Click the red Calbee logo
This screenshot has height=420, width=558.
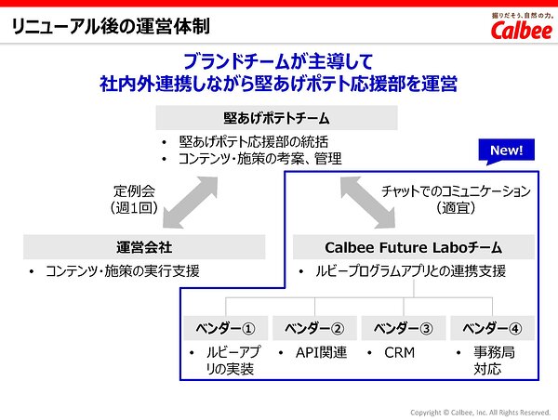click(x=522, y=30)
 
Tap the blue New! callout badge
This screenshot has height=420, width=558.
click(x=507, y=151)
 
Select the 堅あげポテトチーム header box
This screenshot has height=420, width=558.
click(x=276, y=118)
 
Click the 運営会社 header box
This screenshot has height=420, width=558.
click(x=144, y=247)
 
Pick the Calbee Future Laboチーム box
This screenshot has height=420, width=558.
click(x=414, y=247)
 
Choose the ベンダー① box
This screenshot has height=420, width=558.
click(x=226, y=328)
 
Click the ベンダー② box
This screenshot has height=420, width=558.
click(x=314, y=328)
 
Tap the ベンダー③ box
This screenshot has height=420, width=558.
click(x=404, y=328)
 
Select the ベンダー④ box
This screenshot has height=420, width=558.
click(x=493, y=328)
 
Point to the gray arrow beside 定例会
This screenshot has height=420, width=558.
click(x=190, y=203)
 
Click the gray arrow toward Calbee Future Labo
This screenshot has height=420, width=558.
click(x=367, y=203)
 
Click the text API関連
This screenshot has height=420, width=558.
click(x=321, y=352)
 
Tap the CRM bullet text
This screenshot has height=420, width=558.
click(x=399, y=352)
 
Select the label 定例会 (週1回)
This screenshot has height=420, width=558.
click(x=134, y=200)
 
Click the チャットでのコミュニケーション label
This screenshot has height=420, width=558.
click(x=456, y=191)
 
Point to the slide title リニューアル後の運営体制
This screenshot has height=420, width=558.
click(x=111, y=27)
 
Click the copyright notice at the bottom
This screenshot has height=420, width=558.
click(x=481, y=413)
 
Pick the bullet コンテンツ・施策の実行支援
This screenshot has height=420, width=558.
click(x=123, y=271)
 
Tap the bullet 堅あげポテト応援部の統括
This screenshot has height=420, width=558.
click(x=253, y=142)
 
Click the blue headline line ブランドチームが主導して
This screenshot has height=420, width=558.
click(x=278, y=61)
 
